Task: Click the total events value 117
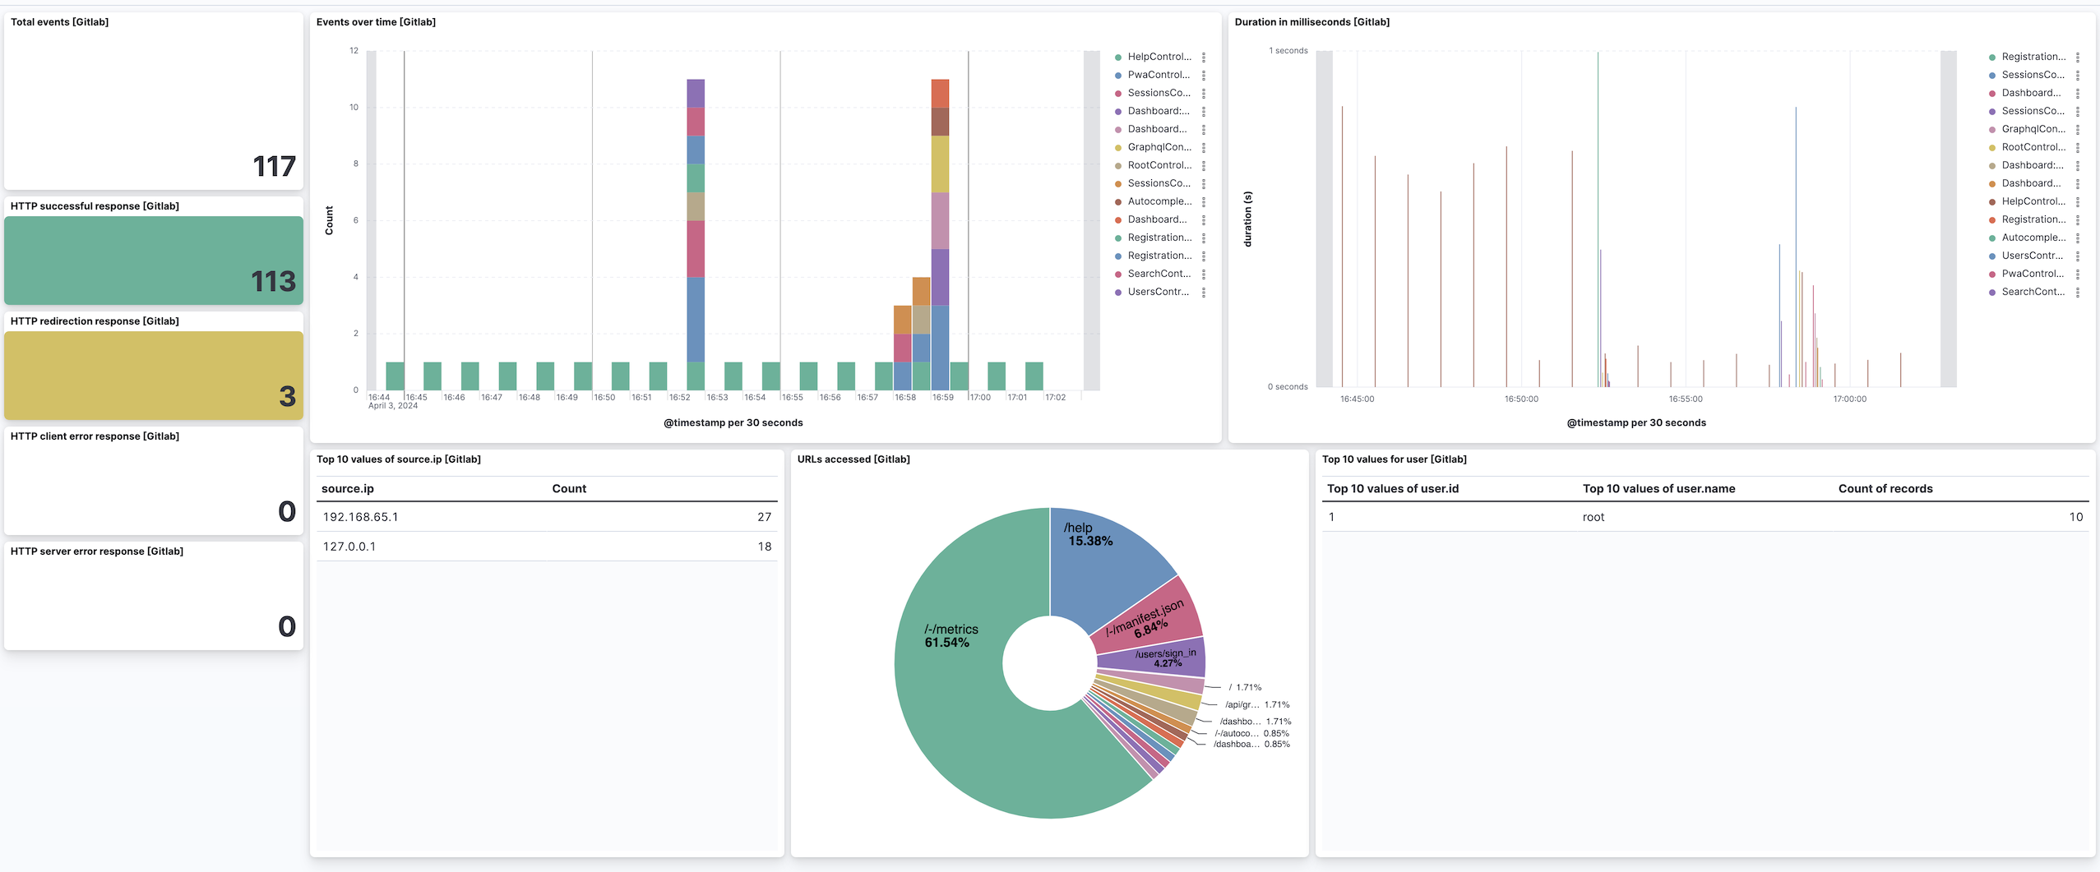[273, 167]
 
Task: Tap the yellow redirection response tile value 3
[286, 397]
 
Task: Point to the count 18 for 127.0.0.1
[764, 547]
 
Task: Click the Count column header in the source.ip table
[569, 489]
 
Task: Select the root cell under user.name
[1593, 517]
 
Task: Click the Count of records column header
[1885, 489]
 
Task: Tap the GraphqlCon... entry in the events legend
[1159, 147]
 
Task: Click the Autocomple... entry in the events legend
[1159, 201]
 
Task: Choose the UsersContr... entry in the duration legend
[2032, 256]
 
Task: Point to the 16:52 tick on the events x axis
[679, 398]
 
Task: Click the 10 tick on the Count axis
[354, 108]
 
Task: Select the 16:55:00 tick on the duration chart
[1685, 399]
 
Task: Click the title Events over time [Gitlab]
[376, 22]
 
